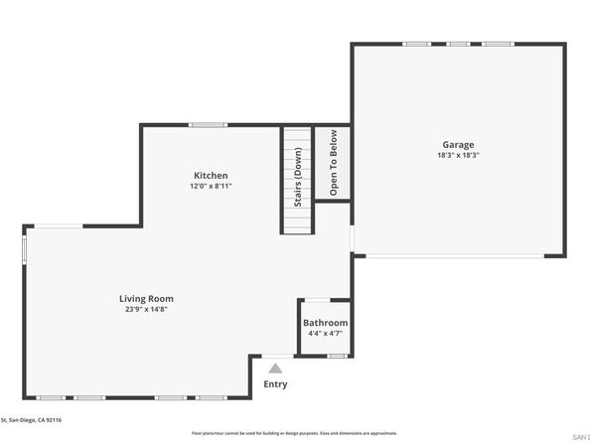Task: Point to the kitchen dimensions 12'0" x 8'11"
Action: tap(212, 186)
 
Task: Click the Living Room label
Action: tap(147, 298)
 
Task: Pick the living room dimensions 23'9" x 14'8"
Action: tap(147, 309)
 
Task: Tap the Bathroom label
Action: tap(325, 323)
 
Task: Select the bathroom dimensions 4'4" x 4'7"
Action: tap(325, 334)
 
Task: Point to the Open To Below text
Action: tap(334, 162)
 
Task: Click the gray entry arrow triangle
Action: tap(275, 368)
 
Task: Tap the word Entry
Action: tap(275, 384)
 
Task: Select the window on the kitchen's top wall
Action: tap(208, 124)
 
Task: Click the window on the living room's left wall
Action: tap(25, 248)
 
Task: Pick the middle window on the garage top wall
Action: tap(458, 44)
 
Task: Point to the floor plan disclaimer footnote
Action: tap(294, 433)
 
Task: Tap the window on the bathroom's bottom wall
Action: tap(338, 356)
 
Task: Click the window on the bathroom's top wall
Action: tap(314, 300)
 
